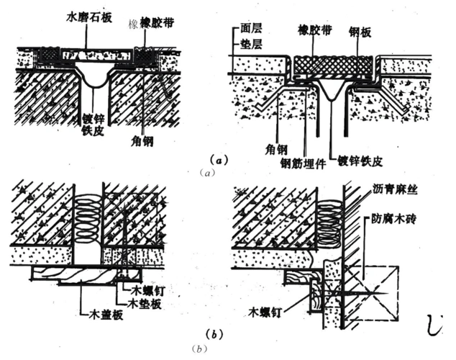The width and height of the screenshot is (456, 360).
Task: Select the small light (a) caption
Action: tap(206, 173)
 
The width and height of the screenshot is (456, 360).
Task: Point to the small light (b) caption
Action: tap(199, 349)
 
